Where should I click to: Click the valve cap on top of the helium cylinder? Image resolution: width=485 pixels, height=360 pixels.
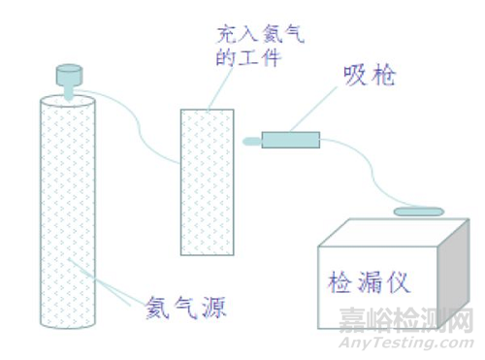point(71,74)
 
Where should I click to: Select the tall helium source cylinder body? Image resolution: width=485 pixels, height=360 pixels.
point(71,209)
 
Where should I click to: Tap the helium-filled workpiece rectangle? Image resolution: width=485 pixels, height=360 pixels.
point(207,180)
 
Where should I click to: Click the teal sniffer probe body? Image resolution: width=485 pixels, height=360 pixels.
point(289,140)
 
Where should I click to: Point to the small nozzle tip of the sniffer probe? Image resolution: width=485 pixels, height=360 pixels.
point(251,142)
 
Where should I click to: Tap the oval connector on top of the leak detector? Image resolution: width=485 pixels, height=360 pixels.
point(418,211)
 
